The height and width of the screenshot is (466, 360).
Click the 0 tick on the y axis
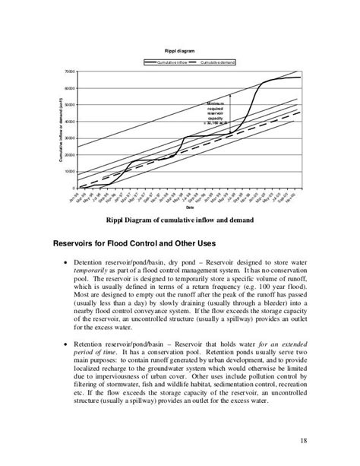[72, 189]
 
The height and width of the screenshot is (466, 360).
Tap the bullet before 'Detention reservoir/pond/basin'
[65, 262]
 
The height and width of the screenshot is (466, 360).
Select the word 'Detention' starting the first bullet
[96, 262]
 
